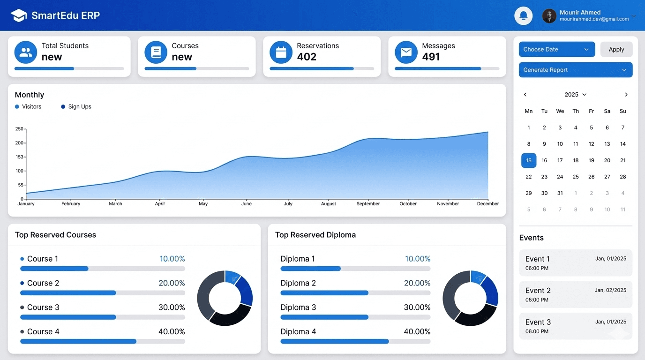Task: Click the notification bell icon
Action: tap(523, 16)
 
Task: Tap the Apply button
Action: tap(616, 49)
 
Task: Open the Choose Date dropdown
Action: tap(556, 49)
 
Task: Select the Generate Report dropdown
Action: tap(575, 70)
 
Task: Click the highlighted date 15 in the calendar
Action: tap(529, 160)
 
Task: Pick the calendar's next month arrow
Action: tap(626, 95)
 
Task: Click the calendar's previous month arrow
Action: tap(525, 95)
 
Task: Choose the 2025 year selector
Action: tap(575, 95)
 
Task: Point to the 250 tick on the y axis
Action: tap(19, 129)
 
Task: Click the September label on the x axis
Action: tap(368, 204)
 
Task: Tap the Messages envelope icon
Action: tap(406, 52)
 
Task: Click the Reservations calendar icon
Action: tap(281, 52)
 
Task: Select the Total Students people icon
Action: tap(26, 52)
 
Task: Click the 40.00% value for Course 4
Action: tap(172, 332)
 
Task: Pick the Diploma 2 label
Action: tap(298, 283)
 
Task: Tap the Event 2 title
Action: tap(538, 291)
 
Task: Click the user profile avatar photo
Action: tap(549, 16)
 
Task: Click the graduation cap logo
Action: tap(19, 15)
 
